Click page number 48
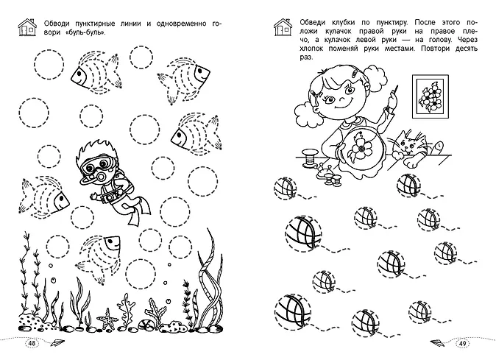[x=32, y=344]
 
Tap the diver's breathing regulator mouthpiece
[x=102, y=176]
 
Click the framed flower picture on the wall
[x=431, y=96]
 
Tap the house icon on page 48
[x=27, y=27]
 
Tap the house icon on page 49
[x=283, y=27]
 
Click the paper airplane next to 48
[x=57, y=342]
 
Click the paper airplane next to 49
[x=437, y=342]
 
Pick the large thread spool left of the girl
[x=308, y=158]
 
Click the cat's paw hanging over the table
[x=411, y=162]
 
